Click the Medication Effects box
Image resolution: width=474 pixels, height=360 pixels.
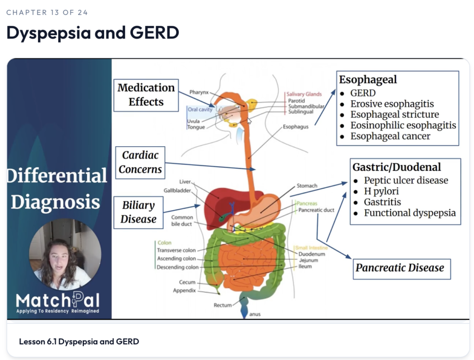(146, 95)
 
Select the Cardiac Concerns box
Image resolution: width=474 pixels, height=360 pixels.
(140, 162)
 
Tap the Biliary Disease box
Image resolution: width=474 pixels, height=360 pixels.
(138, 212)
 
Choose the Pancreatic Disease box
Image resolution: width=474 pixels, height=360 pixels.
(402, 269)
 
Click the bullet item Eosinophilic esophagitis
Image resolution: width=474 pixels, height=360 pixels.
(403, 125)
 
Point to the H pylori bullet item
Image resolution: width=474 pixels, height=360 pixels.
(381, 191)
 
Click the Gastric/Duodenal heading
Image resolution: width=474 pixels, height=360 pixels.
(397, 167)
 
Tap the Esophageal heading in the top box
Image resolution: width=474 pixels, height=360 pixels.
(368, 80)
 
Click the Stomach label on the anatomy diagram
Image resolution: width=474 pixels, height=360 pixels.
(307, 186)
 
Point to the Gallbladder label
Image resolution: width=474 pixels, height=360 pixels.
(177, 191)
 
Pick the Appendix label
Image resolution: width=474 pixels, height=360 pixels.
(184, 291)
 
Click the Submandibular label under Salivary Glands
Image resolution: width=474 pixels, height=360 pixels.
(306, 106)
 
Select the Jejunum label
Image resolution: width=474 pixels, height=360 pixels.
(308, 260)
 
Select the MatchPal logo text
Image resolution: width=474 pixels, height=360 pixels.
(58, 300)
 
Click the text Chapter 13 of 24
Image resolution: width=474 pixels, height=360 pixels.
(47, 12)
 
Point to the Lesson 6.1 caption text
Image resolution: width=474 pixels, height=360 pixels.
(79, 341)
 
